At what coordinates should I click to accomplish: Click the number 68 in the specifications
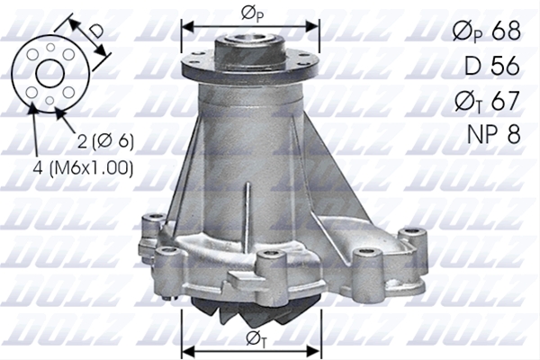pyautogui.click(x=506, y=31)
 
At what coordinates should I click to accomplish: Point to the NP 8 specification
pyautogui.click(x=493, y=134)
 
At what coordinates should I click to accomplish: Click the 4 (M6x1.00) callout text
pyautogui.click(x=83, y=167)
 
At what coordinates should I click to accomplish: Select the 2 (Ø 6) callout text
pyautogui.click(x=105, y=140)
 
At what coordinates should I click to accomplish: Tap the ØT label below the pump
pyautogui.click(x=256, y=339)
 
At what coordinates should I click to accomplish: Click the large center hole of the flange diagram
pyautogui.click(x=50, y=74)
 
